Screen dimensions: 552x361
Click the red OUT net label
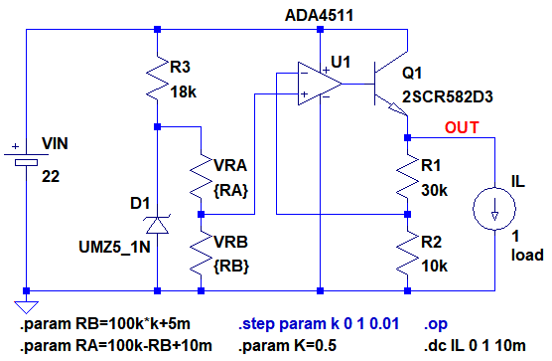pos(462,127)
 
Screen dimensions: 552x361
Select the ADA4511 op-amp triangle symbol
pos(320,84)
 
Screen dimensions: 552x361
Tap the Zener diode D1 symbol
pos(157,224)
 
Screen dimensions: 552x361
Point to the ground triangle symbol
pos(26,307)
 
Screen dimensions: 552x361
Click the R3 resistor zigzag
pos(158,79)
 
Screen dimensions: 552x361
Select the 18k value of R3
pos(183,92)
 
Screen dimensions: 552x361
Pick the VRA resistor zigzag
pos(201,176)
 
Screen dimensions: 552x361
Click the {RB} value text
pos(231,267)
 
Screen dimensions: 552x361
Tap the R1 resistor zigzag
pos(408,176)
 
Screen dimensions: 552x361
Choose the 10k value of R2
pos(435,267)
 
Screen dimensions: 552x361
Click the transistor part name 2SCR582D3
pos(447,96)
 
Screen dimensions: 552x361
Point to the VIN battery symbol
pos(26,159)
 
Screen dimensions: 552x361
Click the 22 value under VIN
pos(51,177)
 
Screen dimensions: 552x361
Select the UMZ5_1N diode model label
pos(114,247)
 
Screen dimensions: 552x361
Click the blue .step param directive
pos(319,323)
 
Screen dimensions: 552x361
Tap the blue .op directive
pos(436,324)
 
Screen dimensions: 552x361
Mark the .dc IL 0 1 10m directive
pos(475,345)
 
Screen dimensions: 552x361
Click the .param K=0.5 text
pos(287,345)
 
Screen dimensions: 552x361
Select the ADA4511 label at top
pos(319,16)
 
